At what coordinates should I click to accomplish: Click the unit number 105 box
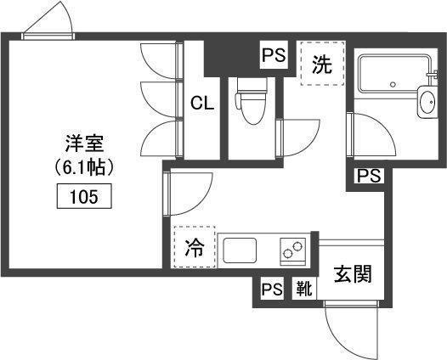[x=84, y=196]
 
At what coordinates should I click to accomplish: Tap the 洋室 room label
[x=84, y=143]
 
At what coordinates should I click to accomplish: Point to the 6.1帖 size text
[x=84, y=167]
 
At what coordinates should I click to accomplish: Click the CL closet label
[x=202, y=103]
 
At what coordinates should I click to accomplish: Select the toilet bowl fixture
[x=251, y=104]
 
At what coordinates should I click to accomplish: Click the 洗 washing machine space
[x=322, y=64]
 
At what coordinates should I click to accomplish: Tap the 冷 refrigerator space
[x=195, y=247]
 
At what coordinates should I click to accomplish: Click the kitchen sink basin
[x=240, y=250]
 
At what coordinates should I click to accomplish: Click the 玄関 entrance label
[x=353, y=274]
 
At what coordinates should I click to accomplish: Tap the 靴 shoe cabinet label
[x=304, y=288]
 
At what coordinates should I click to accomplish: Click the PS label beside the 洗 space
[x=274, y=55]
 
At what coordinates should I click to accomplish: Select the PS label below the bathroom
[x=369, y=176]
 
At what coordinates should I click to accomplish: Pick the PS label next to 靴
[x=272, y=289]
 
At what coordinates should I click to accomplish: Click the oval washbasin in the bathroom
[x=427, y=101]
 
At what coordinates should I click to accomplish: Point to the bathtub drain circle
[x=393, y=84]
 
